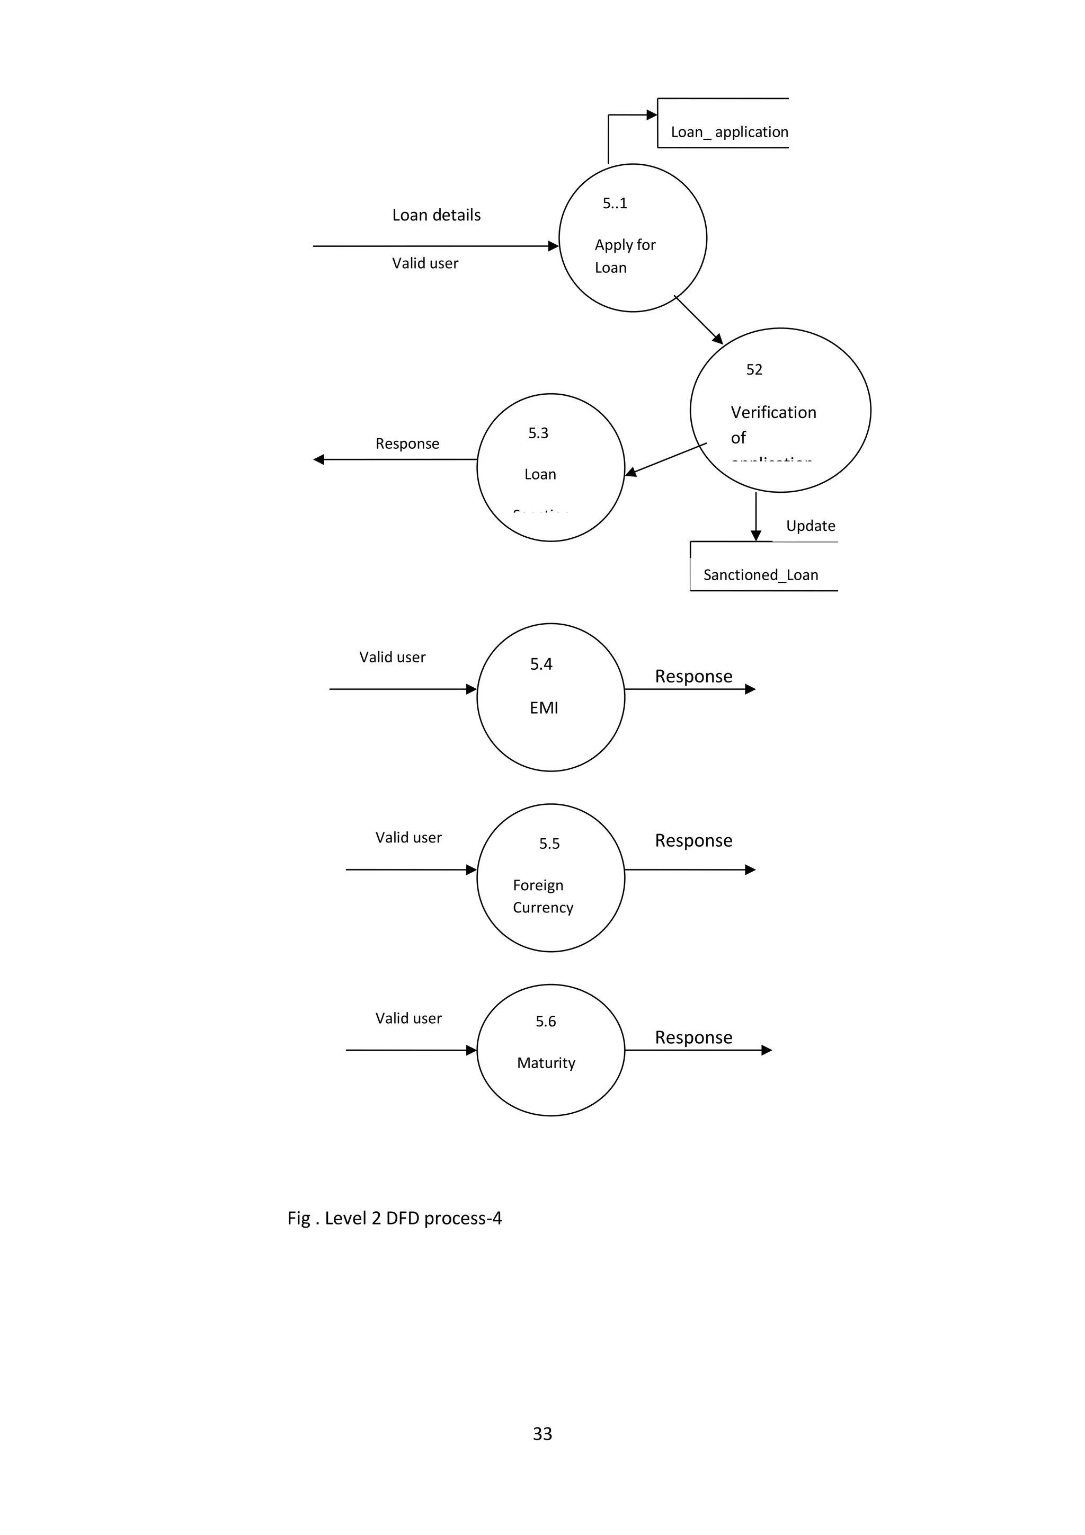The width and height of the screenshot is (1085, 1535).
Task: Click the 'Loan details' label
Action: [x=436, y=215]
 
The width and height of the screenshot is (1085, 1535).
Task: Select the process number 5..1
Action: [x=615, y=203]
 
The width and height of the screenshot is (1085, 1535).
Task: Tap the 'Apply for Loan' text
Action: [x=625, y=256]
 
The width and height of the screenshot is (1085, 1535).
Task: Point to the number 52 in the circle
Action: [x=753, y=370]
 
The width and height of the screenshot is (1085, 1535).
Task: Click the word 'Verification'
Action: [x=773, y=413]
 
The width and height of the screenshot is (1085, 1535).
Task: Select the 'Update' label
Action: [x=810, y=526]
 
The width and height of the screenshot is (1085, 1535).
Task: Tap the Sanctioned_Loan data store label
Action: [x=760, y=575]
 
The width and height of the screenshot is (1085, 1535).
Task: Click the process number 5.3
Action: [x=538, y=433]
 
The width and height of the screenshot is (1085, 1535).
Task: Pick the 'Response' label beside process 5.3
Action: [x=407, y=444]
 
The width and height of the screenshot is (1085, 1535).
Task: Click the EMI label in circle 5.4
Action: [x=544, y=708]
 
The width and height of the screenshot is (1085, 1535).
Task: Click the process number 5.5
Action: [x=549, y=844]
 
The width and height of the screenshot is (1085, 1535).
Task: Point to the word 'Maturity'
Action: [x=546, y=1063]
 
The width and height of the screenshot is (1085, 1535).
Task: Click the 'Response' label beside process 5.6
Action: [x=693, y=1037]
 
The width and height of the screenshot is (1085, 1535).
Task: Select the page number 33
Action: [x=542, y=1434]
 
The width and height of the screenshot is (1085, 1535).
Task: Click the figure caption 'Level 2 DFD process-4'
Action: [x=394, y=1218]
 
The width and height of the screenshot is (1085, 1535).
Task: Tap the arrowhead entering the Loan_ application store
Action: [x=652, y=115]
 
